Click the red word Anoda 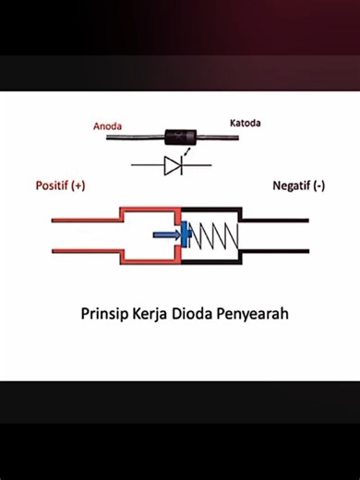point(109,126)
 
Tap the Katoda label point(247,122)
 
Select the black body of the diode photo point(181,138)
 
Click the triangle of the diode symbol point(171,166)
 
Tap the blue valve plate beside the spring point(185,235)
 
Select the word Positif point(52,186)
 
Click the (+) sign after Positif point(78,186)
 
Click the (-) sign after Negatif point(318,186)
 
